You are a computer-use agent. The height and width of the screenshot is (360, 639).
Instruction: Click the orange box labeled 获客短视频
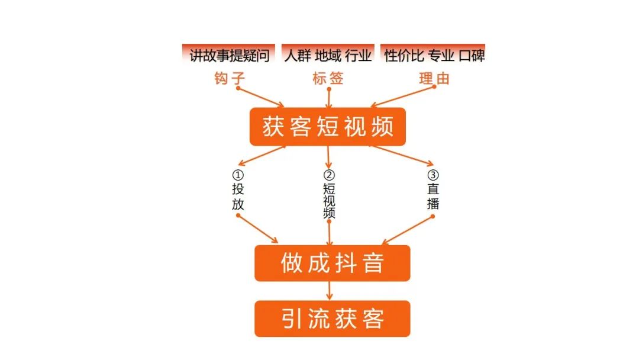coord(327,127)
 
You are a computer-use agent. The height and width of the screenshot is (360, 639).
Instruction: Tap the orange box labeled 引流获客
coord(332,319)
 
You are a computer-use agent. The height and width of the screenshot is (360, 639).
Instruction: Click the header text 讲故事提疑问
coord(229,56)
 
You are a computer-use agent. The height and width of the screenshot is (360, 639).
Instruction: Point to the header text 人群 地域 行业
coord(327,56)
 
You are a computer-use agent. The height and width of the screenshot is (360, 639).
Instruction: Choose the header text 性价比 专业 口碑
coord(434,56)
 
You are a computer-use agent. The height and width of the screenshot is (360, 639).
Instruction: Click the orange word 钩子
coord(229,78)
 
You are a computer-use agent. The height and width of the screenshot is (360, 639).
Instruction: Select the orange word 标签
coord(328,78)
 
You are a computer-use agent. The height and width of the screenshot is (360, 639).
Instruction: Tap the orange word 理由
coord(434,78)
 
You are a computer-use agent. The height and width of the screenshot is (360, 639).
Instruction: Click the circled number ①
coord(237,176)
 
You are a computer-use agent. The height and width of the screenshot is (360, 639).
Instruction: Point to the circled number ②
coord(329,176)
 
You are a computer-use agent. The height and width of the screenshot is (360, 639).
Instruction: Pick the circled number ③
coord(433,176)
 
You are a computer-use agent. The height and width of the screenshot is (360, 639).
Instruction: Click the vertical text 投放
coord(237,197)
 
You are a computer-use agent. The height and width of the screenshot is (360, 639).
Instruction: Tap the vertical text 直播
coord(433,197)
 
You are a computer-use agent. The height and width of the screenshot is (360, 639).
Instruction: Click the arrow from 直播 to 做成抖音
coord(408,230)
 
